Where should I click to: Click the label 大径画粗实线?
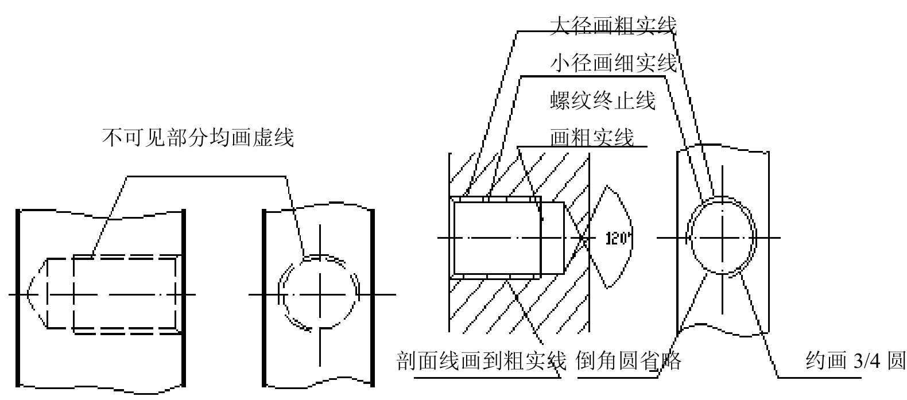click(613, 25)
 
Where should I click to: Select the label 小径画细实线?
click(614, 63)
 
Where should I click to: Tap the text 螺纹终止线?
click(603, 100)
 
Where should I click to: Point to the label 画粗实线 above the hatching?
click(592, 137)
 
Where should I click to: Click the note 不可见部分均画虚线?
click(197, 138)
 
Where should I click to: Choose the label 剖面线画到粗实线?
click(481, 361)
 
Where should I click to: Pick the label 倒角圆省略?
click(628, 361)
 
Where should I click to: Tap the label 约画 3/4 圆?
click(855, 360)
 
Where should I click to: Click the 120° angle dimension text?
click(619, 239)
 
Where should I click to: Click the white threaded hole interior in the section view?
click(497, 238)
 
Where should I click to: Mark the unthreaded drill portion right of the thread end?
click(552, 238)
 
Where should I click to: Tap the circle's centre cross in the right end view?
click(722, 238)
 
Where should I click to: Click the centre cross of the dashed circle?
click(320, 294)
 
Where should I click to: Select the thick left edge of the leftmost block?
click(18, 298)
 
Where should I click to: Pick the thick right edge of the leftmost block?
click(184, 298)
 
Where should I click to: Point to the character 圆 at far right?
click(896, 360)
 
